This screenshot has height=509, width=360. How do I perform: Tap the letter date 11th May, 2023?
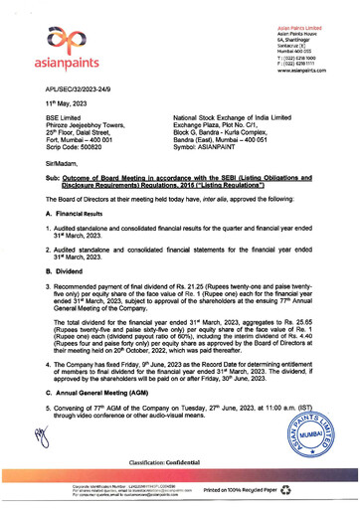tap(70, 103)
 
